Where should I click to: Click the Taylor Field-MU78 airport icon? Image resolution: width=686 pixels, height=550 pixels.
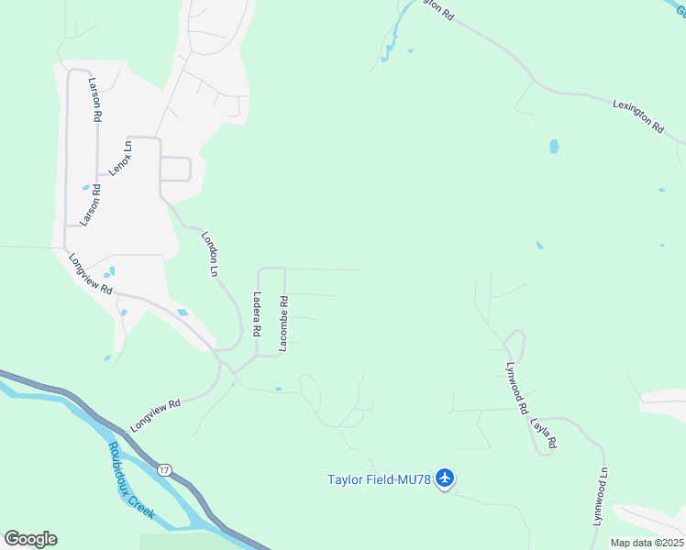(446, 478)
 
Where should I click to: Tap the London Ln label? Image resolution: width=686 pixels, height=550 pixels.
(210, 254)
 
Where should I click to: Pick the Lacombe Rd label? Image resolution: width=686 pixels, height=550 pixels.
(284, 322)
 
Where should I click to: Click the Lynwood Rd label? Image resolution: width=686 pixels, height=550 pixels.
(517, 386)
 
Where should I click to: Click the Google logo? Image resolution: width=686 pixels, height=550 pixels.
(30, 538)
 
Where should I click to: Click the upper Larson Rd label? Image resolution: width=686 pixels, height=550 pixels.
(94, 100)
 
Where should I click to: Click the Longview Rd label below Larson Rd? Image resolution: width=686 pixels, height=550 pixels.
(90, 273)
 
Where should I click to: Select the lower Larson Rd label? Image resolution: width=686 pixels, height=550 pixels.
(89, 204)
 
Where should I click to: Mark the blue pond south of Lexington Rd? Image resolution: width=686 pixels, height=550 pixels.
(554, 146)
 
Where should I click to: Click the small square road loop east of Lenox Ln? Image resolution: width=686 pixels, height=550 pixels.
(175, 170)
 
